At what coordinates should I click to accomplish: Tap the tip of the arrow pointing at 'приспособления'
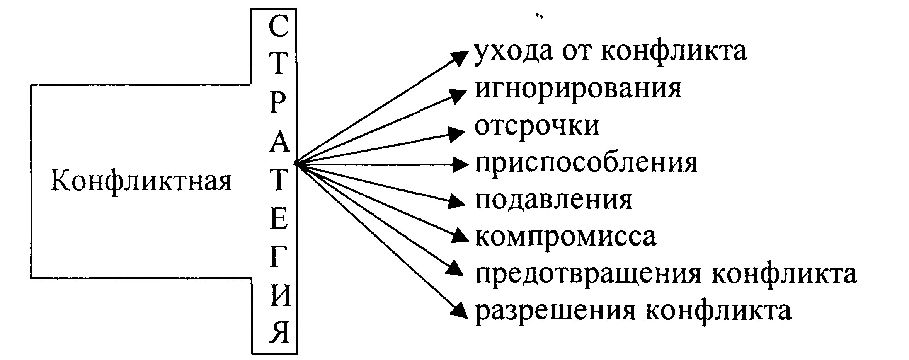468,164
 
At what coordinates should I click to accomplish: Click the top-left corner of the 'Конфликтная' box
31,85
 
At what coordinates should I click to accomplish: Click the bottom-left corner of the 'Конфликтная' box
31,277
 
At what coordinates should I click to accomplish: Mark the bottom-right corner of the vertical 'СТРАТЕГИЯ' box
297,353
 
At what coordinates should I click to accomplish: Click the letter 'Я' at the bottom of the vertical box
279,331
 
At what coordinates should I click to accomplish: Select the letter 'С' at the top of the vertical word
278,27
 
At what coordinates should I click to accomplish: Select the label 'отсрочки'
537,126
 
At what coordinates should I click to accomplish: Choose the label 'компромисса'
565,236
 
